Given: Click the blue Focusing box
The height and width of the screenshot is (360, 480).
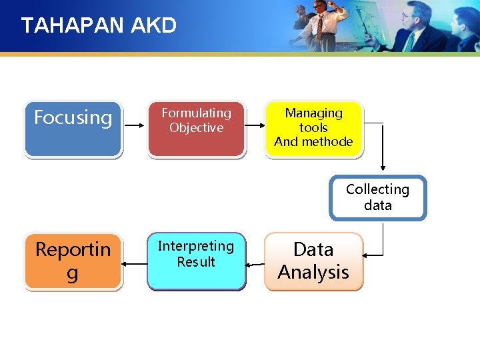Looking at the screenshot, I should coord(73,129).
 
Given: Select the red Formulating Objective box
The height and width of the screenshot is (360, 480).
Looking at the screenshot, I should coord(196,129).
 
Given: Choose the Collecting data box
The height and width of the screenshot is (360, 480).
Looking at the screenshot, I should coord(377,197).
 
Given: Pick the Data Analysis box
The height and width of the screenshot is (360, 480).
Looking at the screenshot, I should coord(313,261).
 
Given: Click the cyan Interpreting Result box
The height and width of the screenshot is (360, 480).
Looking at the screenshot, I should coord(196,261).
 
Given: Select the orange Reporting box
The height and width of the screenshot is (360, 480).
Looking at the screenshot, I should coord(73,261).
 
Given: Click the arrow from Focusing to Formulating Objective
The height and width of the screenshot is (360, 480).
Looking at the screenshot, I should coord(135,124).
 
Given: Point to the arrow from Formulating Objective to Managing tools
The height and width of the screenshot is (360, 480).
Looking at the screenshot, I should coord(254,124).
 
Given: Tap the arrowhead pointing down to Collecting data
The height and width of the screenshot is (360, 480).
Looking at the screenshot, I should coord(383,167).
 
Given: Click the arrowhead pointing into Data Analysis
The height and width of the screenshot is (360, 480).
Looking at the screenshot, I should coord(367,254).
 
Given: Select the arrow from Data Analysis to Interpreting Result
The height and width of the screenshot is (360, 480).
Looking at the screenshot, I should coord(255,265).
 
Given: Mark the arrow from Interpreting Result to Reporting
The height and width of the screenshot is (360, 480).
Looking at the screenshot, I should coord(135,264).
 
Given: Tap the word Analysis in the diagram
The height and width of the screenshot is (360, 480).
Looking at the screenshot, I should coord(313,272).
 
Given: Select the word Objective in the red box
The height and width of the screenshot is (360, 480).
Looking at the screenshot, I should coord(196,127).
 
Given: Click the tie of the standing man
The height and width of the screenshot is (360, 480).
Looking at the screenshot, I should coord(321,26).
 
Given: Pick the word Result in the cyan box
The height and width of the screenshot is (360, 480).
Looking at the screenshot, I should coord(196,262).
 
